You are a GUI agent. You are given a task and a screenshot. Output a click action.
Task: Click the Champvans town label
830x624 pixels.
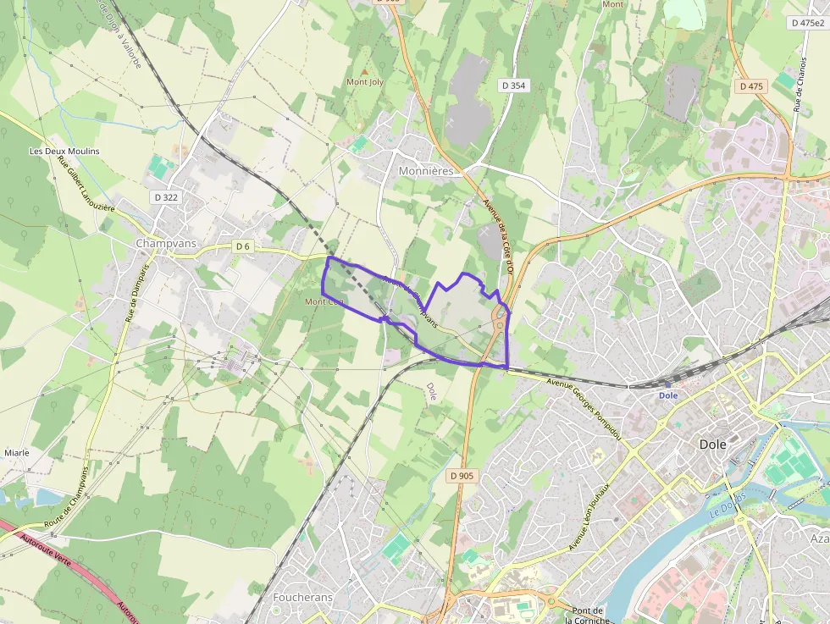pos(167,243)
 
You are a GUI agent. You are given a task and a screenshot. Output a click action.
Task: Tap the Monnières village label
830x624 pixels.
pos(426,170)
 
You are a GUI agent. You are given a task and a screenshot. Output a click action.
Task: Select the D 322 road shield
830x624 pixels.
pos(167,197)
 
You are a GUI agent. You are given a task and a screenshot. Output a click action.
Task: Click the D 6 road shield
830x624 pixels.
pos(243,246)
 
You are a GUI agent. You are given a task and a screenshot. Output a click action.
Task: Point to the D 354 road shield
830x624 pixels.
pos(513,86)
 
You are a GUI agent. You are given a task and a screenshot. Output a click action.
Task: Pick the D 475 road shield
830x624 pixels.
pos(751,86)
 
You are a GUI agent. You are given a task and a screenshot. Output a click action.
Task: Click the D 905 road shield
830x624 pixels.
pos(462,476)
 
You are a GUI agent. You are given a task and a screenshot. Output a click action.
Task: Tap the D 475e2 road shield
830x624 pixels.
pos(808,23)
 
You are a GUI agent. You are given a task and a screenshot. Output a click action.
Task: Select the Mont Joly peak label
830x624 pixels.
pos(365,82)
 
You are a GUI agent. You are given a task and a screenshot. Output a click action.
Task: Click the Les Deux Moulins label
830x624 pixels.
pos(64,152)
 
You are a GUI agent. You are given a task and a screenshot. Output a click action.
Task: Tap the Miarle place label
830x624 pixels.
pos(17,453)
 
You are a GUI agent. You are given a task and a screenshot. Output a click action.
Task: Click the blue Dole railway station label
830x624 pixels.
pos(669,395)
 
